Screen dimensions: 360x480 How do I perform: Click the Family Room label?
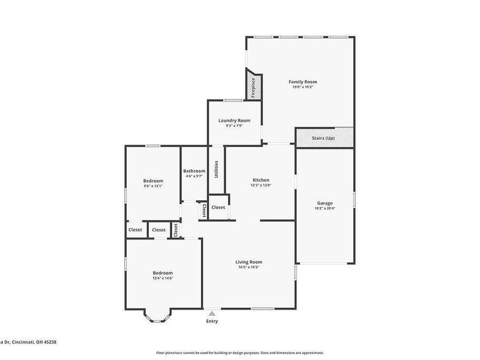tap(302, 82)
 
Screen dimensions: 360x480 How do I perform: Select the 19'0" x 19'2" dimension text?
tap(302, 87)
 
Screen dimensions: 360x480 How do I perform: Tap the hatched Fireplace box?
tap(253, 86)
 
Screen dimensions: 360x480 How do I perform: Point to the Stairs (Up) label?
tap(323, 138)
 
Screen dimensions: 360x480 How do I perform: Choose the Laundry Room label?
tap(234, 120)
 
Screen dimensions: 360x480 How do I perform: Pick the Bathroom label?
tap(194, 171)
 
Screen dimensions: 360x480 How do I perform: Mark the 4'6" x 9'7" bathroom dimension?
tap(194, 176)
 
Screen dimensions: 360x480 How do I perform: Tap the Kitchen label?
tap(260, 180)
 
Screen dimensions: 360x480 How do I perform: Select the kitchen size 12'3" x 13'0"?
tap(260, 185)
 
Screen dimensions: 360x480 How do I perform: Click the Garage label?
tap(325, 203)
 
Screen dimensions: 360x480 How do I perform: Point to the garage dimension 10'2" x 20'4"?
tap(325, 208)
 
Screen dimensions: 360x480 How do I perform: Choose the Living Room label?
tap(248, 262)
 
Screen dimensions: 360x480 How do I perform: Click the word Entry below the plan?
tap(212, 321)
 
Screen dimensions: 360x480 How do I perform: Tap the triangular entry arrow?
tap(212, 313)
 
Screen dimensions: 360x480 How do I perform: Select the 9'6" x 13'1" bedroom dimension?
tap(153, 186)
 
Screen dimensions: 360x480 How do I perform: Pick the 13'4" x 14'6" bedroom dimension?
tap(163, 278)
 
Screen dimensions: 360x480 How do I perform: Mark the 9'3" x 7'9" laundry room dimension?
tap(234, 125)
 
